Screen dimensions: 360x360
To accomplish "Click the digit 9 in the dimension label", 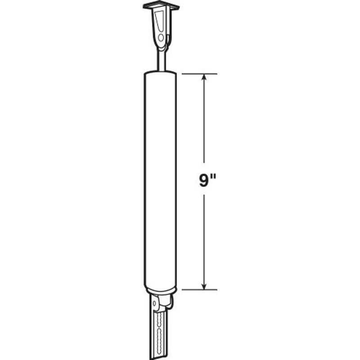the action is [203, 180].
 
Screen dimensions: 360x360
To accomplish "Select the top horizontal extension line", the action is [199, 74].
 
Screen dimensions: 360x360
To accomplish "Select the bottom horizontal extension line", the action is [199, 290].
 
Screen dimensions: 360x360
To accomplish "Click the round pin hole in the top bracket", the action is [161, 38].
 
